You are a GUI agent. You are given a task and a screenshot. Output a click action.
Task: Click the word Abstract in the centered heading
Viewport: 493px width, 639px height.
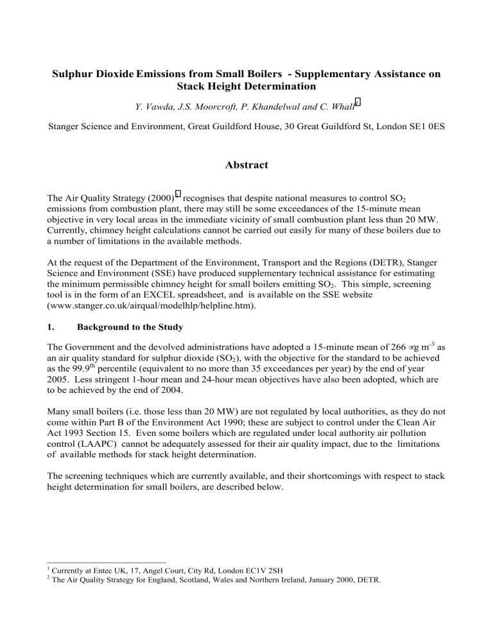(246, 165)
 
